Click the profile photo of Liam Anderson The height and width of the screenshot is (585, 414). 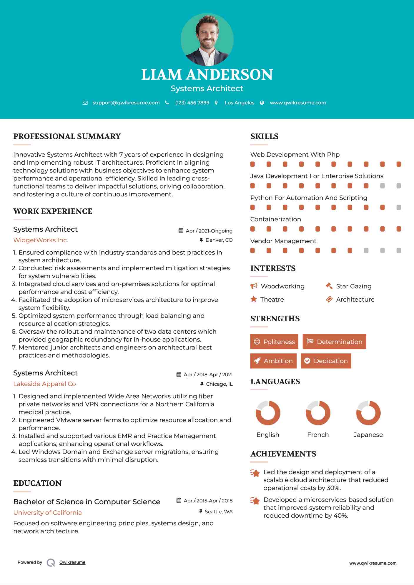pos(207,40)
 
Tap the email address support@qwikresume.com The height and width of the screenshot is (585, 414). pos(126,103)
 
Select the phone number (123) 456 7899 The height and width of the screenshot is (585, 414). pos(192,103)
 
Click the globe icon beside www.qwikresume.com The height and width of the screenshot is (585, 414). pos(262,103)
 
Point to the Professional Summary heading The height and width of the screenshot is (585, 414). pos(67,136)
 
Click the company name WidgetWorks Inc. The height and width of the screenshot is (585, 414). pos(41,240)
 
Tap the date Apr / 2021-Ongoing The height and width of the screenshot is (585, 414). pos(209,231)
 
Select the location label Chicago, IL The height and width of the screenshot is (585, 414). pos(219,384)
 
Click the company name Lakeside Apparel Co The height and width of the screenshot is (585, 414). pos(44,384)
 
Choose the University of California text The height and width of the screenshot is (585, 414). pos(47,513)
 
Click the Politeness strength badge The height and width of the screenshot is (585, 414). pos(274,342)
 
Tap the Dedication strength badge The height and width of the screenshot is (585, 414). pos(326,361)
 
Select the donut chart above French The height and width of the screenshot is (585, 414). pos(318,413)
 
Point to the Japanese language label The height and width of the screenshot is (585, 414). pos(368,435)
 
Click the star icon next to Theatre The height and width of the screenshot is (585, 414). pos(254,299)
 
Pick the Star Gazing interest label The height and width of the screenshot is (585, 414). pos(354,286)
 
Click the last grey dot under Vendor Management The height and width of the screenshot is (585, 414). pos(399,250)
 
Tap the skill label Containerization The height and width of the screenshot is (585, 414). pos(275,219)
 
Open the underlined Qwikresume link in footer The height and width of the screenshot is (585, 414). pos(72,562)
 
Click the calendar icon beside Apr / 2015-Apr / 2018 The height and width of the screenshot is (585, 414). pos(179,500)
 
